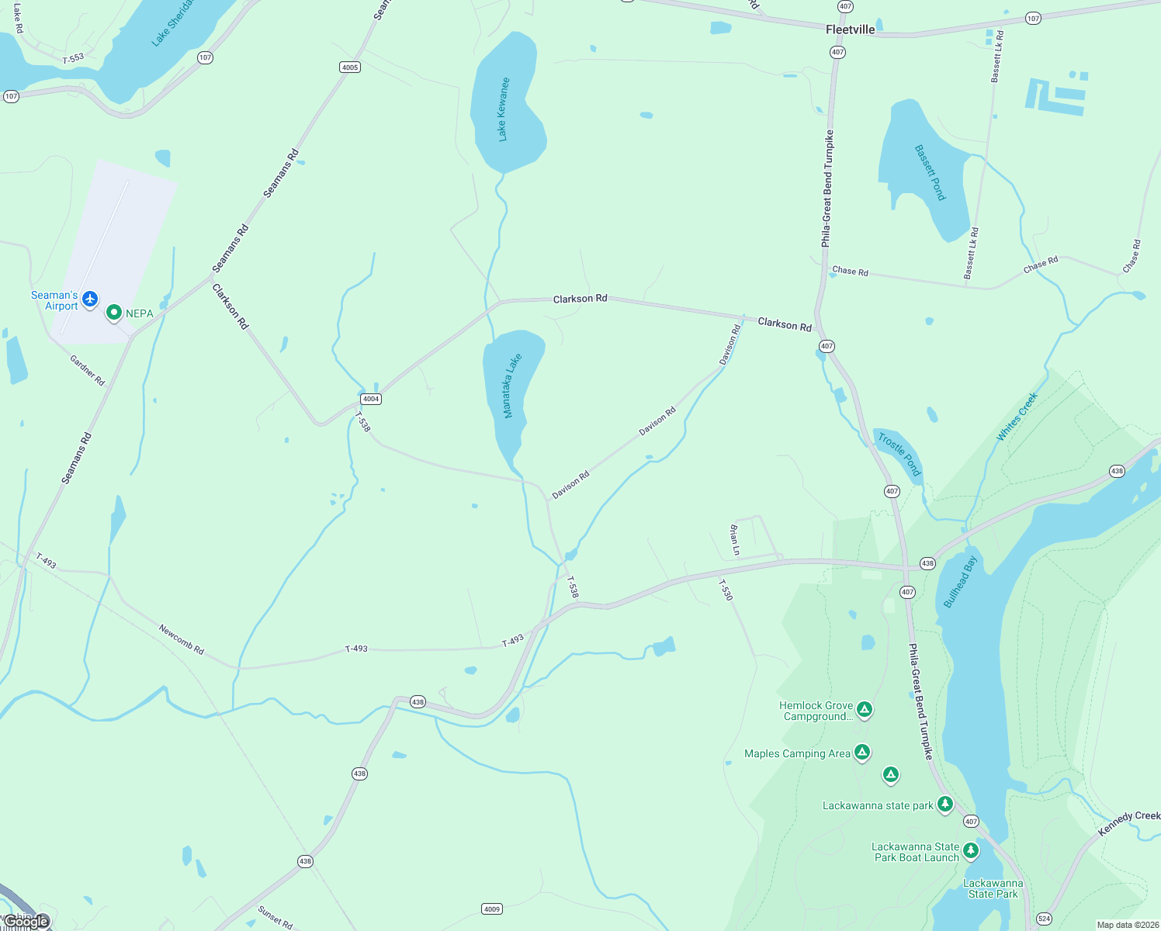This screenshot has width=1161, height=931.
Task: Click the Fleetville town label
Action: click(x=850, y=29)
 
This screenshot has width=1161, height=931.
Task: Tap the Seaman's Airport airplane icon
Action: click(x=91, y=299)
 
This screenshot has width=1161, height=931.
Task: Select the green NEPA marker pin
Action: click(x=114, y=312)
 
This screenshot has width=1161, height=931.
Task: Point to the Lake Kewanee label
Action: click(x=503, y=109)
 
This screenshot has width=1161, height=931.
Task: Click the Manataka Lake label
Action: click(x=512, y=386)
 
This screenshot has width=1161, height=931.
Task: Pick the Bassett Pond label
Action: click(x=930, y=172)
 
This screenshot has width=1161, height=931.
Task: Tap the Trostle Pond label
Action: click(x=899, y=454)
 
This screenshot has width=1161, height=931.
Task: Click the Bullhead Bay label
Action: click(x=960, y=582)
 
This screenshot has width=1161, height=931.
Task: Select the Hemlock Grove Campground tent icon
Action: click(x=865, y=709)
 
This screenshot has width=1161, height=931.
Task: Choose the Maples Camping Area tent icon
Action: click(x=862, y=752)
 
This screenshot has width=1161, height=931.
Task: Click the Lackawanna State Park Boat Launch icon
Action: click(x=971, y=851)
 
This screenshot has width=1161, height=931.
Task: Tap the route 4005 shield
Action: click(x=350, y=67)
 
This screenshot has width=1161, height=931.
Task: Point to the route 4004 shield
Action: click(x=371, y=399)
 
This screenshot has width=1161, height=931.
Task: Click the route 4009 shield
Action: click(x=492, y=909)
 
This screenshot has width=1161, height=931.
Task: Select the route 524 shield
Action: click(x=1044, y=919)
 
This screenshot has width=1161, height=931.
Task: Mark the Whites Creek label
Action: click(x=1017, y=417)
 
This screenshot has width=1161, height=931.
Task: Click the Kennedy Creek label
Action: click(x=1129, y=823)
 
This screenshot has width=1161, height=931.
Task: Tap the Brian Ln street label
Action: click(x=734, y=540)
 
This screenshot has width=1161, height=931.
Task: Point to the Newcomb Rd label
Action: click(x=182, y=639)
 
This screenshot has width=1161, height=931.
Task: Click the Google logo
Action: click(x=27, y=922)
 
